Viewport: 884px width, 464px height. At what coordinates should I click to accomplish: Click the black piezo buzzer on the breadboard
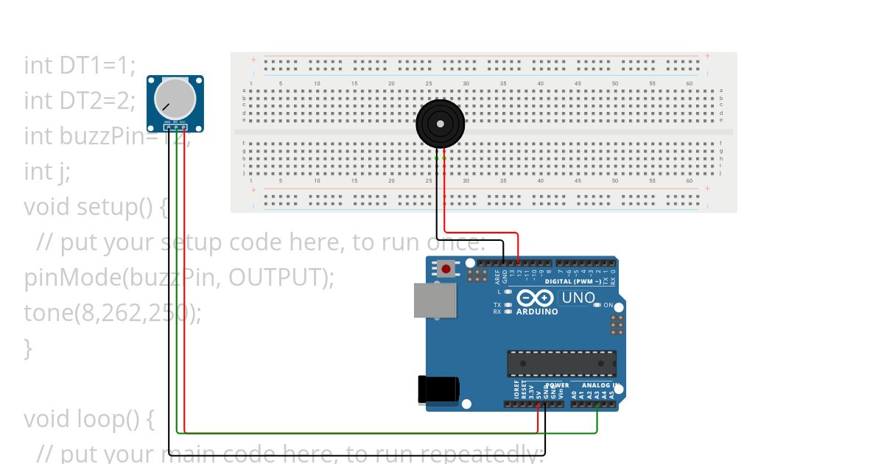pyautogui.click(x=441, y=124)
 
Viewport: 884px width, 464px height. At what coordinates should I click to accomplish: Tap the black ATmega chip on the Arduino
pyautogui.click(x=561, y=363)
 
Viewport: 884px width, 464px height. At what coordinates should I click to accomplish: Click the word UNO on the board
pyautogui.click(x=578, y=298)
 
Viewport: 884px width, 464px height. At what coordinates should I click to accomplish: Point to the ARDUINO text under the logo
pyautogui.click(x=536, y=312)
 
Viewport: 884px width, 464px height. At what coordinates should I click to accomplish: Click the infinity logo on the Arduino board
pyautogui.click(x=535, y=298)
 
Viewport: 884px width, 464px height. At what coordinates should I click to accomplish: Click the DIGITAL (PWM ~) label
pyautogui.click(x=572, y=281)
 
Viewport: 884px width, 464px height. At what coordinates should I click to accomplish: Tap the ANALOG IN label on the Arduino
pyautogui.click(x=598, y=385)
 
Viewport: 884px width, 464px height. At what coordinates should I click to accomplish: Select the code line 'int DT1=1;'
pyautogui.click(x=80, y=65)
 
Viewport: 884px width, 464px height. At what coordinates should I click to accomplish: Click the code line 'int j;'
pyautogui.click(x=47, y=171)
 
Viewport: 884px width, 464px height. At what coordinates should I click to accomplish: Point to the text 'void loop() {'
pyautogui.click(x=88, y=418)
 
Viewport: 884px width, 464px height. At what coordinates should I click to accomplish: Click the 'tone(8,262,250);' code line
pyautogui.click(x=112, y=313)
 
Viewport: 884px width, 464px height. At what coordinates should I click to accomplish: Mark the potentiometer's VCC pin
pyautogui.click(x=183, y=127)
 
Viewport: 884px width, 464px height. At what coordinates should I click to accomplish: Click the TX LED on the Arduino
pyautogui.click(x=508, y=304)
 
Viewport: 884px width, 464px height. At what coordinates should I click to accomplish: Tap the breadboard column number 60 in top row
pyautogui.click(x=690, y=84)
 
